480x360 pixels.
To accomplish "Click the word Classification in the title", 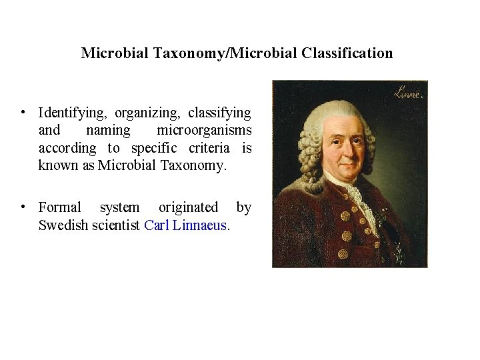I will coord(347,53).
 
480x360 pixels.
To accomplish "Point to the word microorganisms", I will coord(204,130).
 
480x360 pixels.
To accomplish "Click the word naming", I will coord(109,131).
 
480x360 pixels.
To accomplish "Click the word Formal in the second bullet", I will coord(60,207).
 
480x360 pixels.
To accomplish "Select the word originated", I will coord(188,207).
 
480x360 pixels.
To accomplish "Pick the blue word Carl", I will coord(157,225).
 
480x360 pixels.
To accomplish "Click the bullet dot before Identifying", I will coord(23,111).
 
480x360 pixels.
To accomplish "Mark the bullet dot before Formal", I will coord(23,205).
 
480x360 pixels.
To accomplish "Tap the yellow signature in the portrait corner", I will coord(407,93).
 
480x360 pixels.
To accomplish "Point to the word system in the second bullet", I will coord(120,207).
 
